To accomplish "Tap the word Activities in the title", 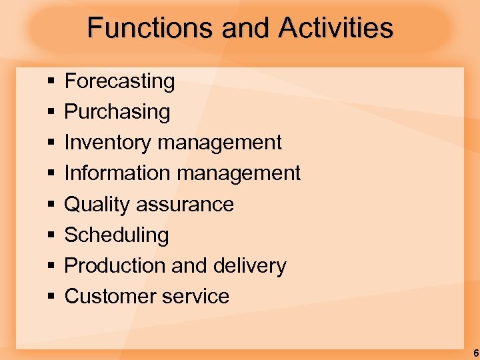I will click(x=336, y=29).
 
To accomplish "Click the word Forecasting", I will click(x=119, y=81).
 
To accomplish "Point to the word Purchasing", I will click(x=117, y=112).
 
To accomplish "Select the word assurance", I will click(x=185, y=205).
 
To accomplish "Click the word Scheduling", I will click(x=116, y=235).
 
